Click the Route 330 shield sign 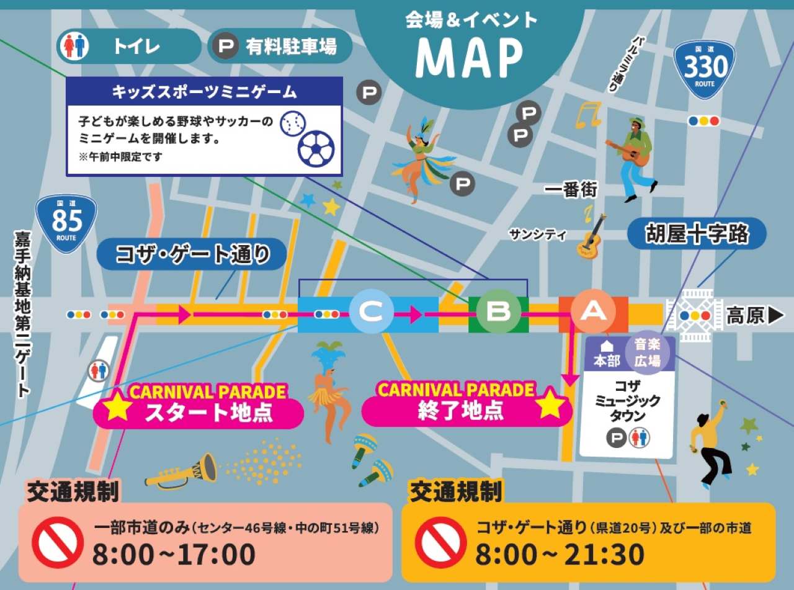(704, 68)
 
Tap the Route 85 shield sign (66, 223)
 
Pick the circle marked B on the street (498, 311)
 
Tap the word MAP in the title (469, 57)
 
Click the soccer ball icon (316, 149)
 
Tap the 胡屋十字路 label (697, 235)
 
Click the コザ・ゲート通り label (193, 254)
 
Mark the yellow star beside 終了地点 (551, 405)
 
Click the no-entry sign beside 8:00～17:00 (58, 542)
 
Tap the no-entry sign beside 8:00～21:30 (441, 542)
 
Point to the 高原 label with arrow (756, 316)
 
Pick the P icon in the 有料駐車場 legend (226, 46)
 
